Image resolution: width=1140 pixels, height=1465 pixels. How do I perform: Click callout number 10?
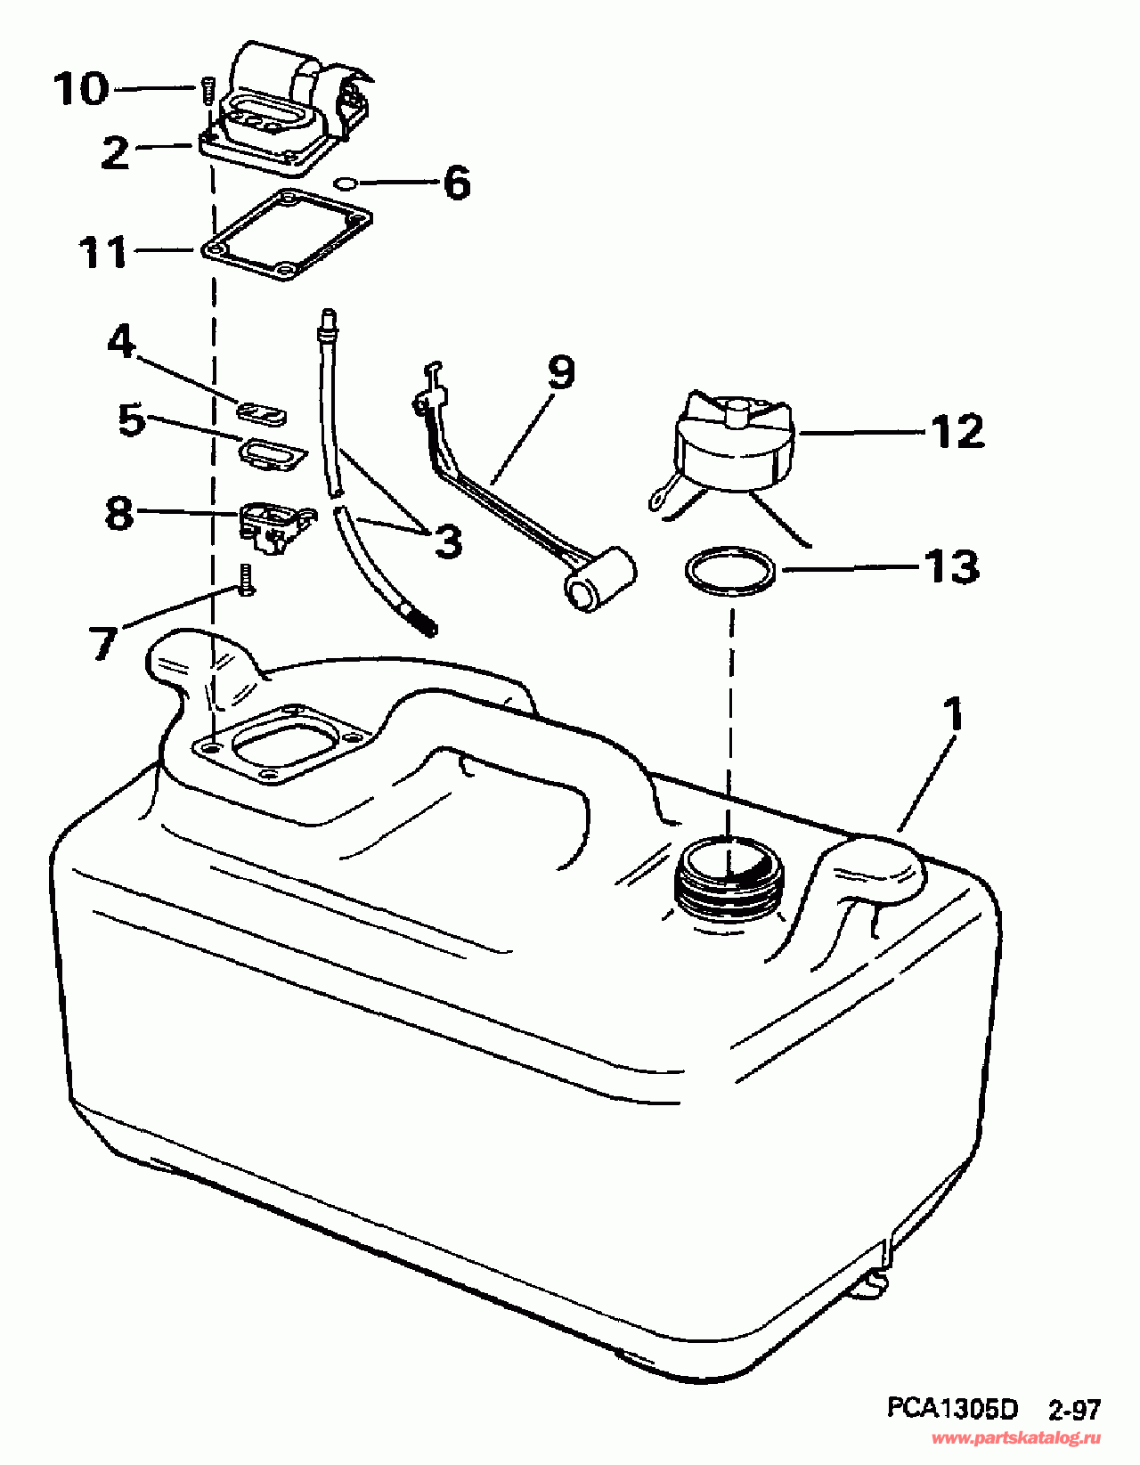point(81,89)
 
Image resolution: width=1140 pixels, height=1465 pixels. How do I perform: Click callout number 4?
point(121,341)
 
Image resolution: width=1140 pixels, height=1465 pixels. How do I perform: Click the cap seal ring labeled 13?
point(729,573)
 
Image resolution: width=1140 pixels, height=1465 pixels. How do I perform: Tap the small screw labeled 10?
point(208,90)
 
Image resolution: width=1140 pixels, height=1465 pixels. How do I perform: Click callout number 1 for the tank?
point(953,713)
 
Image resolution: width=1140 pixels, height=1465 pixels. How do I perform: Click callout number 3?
point(448,541)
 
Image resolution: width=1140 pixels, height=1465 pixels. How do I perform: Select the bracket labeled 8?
point(273,523)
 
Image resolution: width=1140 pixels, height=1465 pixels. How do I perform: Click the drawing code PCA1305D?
point(951,1409)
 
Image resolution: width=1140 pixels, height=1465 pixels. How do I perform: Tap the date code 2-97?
point(1073,1410)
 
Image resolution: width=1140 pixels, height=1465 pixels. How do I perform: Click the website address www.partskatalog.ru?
point(1015,1438)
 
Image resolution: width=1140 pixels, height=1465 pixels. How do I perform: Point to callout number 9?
point(561,372)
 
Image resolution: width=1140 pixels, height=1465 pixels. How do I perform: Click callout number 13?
point(951,567)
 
